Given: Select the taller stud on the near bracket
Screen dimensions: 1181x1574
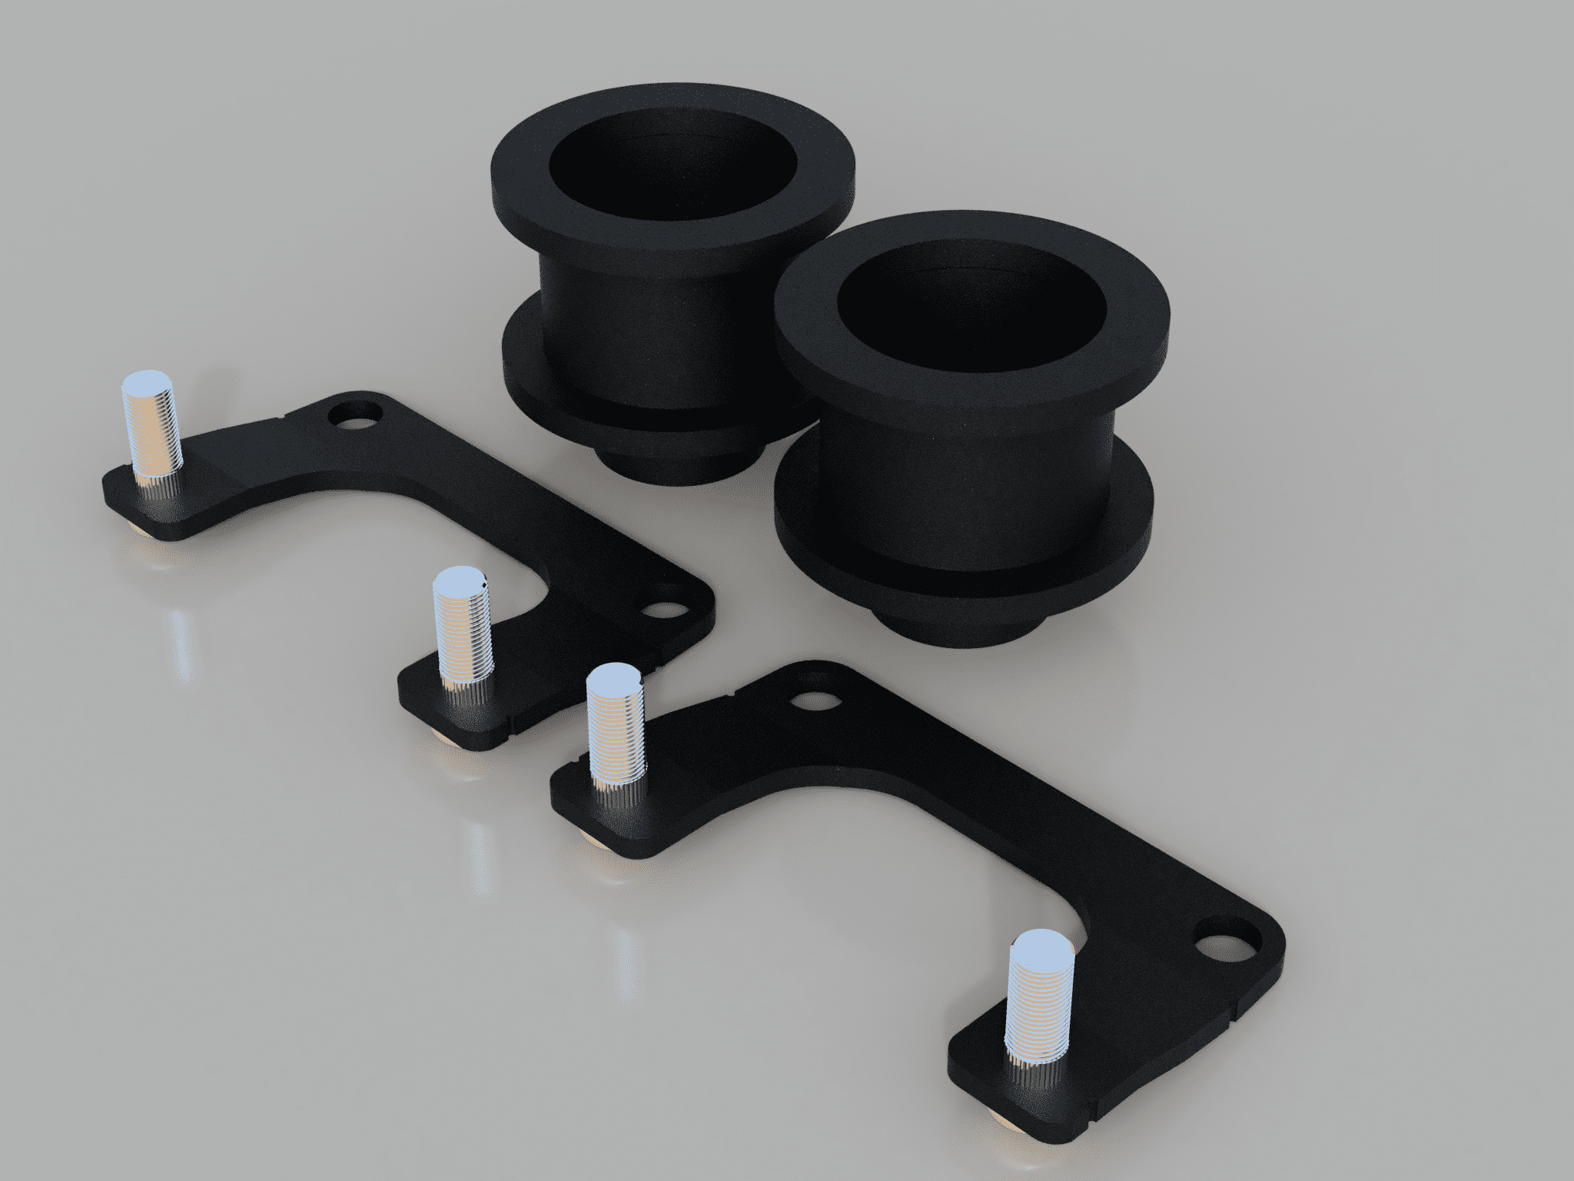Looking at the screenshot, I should [615, 730].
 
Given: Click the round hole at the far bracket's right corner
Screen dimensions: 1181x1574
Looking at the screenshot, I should [665, 610].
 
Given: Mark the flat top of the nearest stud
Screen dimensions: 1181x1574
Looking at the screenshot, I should [1038, 946].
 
